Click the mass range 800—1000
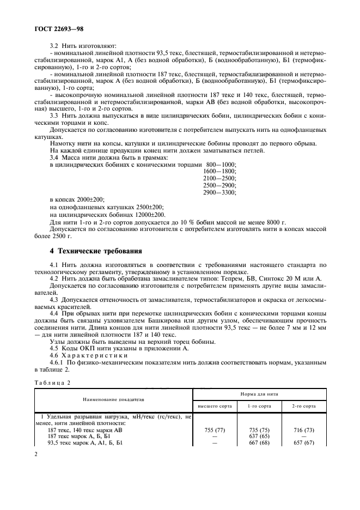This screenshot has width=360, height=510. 221,179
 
